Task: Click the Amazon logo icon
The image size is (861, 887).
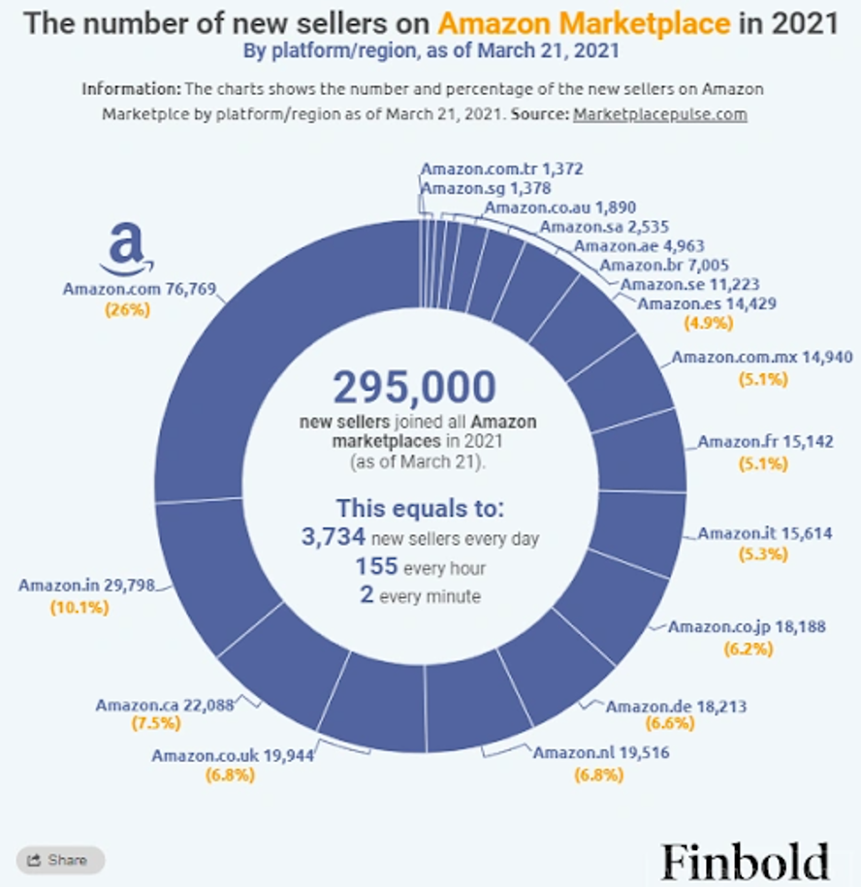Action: coord(126,249)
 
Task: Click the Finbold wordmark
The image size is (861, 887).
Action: coord(746,861)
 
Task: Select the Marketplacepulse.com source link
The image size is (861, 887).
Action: coord(659,113)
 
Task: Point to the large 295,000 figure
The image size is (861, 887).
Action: coord(414,389)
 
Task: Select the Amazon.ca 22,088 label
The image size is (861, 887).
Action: coord(165,705)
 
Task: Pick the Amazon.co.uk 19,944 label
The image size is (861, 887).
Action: coord(232,755)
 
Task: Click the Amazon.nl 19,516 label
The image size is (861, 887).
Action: coord(601,752)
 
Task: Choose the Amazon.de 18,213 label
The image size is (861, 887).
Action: coord(676,706)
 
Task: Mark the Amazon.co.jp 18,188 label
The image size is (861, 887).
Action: coord(747,626)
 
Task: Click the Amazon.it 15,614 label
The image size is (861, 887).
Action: coord(764,533)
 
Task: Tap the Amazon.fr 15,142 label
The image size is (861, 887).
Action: coord(764,442)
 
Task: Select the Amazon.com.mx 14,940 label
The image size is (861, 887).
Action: coord(762,357)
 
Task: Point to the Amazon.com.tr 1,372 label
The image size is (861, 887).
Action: coord(501,169)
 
